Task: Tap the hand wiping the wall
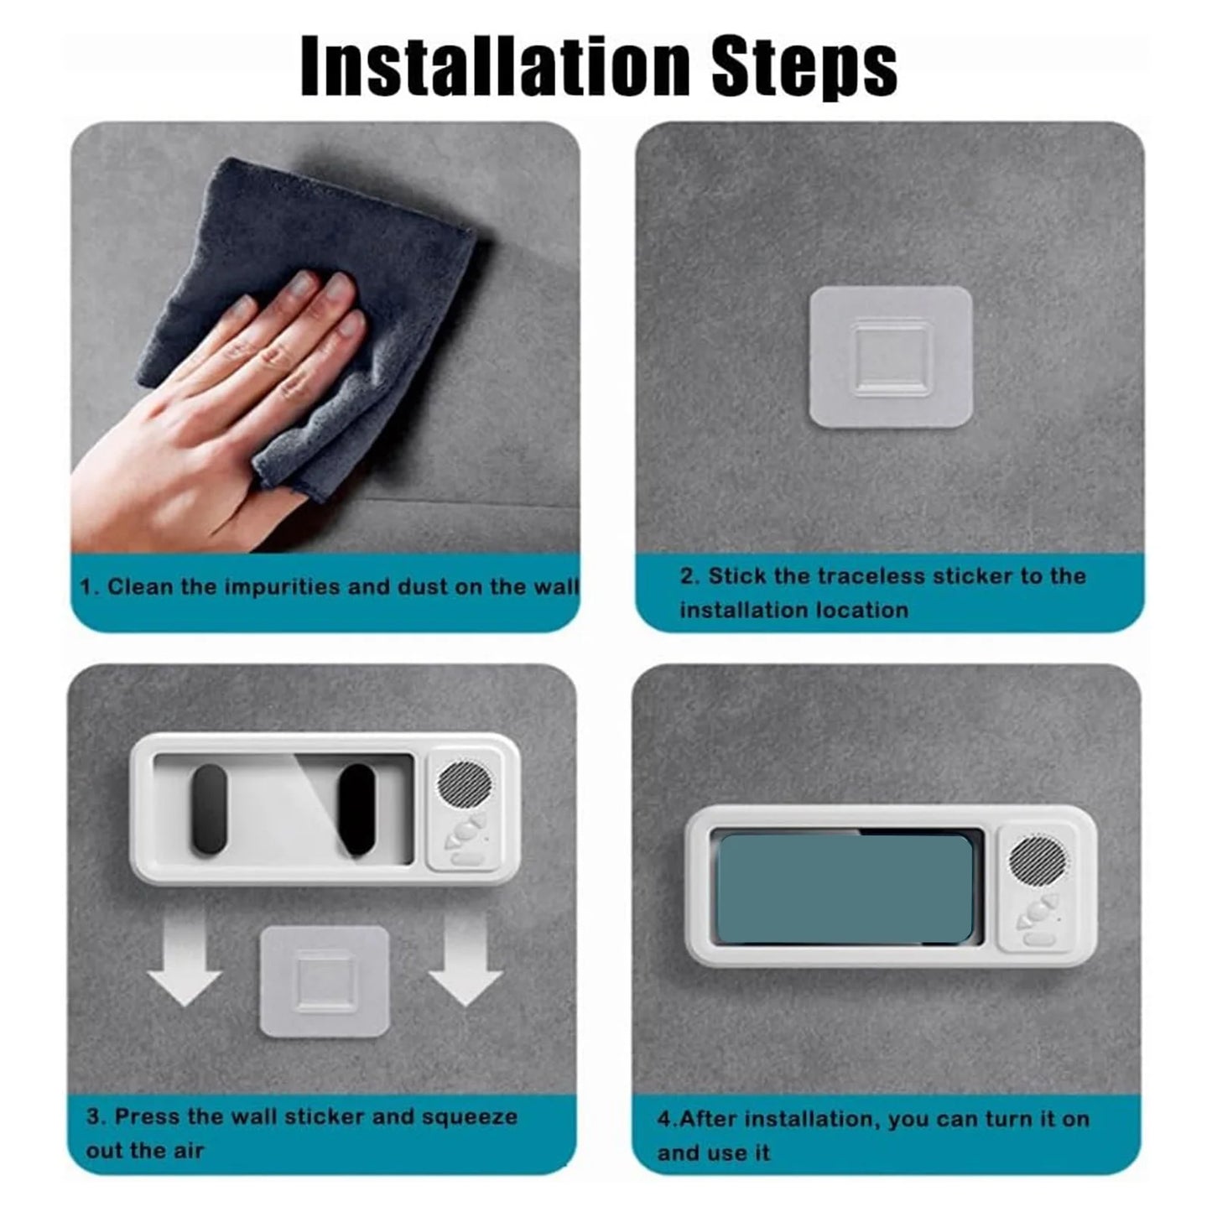click(x=210, y=419)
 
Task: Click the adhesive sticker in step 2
click(x=890, y=356)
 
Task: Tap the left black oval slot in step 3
click(x=209, y=810)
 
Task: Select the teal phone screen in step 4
click(x=845, y=890)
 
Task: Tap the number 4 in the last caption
click(x=663, y=1119)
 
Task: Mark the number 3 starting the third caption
click(x=92, y=1117)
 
